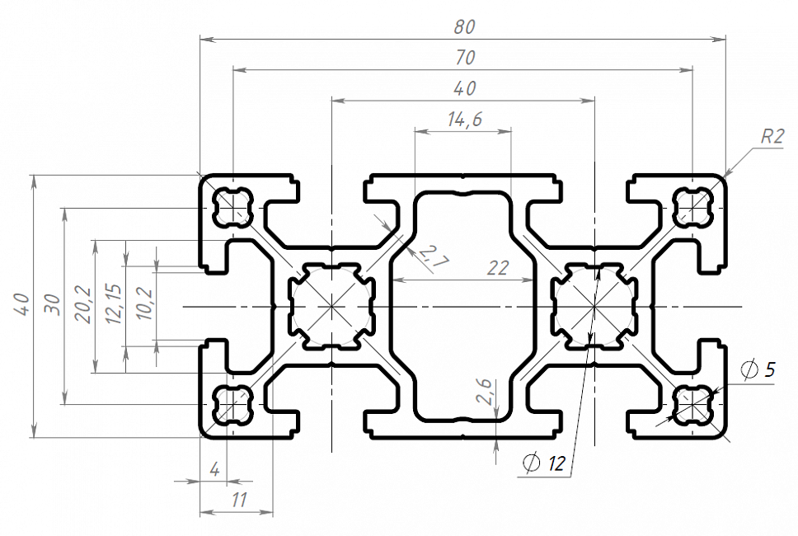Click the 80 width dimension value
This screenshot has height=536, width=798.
[464, 26]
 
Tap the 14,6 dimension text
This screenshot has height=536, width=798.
[464, 120]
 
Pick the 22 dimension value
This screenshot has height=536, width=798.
[498, 268]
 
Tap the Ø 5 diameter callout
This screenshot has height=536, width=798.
[758, 369]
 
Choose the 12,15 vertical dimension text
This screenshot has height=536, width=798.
[115, 306]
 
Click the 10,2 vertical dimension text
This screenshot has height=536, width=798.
[146, 306]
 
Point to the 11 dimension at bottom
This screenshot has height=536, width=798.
[239, 500]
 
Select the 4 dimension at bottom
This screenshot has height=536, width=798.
[215, 470]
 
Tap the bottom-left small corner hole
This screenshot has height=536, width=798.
[232, 405]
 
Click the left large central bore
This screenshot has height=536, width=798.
[331, 306]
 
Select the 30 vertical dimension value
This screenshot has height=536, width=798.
[52, 306]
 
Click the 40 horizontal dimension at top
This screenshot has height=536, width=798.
[464, 88]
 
